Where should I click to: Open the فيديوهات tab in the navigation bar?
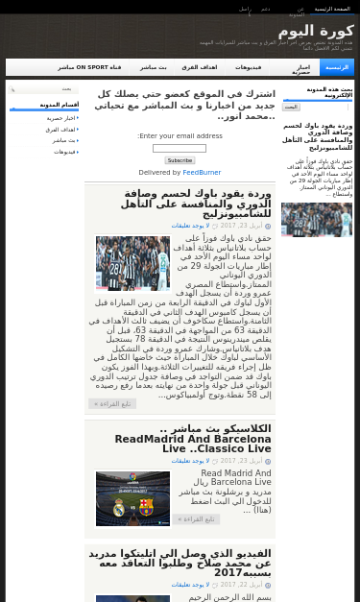248,67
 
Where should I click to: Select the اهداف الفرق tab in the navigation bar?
200,67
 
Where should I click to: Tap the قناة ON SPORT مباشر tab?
89,67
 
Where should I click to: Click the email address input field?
180,148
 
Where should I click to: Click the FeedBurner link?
202,172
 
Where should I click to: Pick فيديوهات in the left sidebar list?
64,152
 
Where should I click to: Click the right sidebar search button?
291,107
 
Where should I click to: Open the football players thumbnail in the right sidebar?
303,219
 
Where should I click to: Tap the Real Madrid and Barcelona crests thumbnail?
132,498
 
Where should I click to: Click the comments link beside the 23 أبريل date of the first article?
190,225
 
